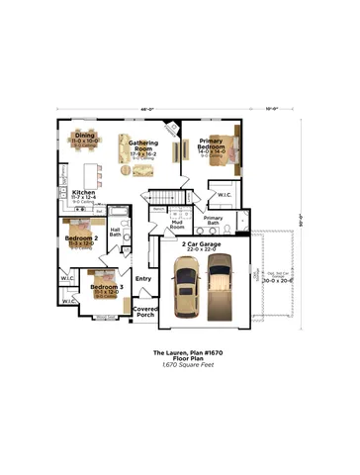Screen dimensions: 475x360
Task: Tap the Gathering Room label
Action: pos(144,148)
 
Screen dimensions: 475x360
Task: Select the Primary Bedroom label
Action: pos(212,142)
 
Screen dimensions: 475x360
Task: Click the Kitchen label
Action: pos(84,193)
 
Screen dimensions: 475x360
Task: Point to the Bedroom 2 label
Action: pos(81,238)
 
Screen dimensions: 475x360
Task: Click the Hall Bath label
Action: pos(116,233)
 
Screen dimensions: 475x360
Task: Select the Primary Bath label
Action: pos(214,220)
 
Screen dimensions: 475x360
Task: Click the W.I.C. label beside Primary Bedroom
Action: pos(225,195)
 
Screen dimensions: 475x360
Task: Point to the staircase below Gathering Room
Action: pos(163,195)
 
